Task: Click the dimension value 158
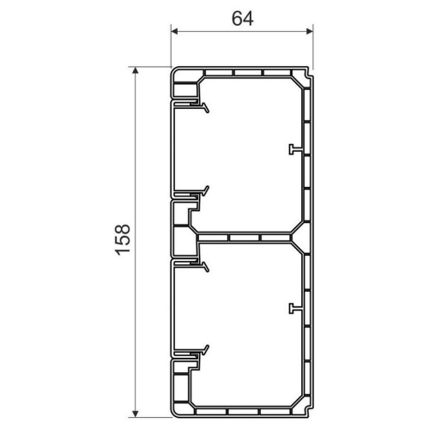click(x=122, y=239)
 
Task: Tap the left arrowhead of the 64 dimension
click(x=175, y=32)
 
